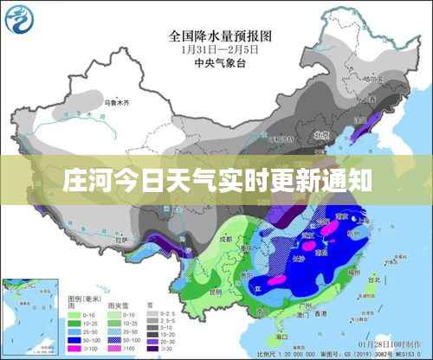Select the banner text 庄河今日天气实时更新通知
click(216, 181)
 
